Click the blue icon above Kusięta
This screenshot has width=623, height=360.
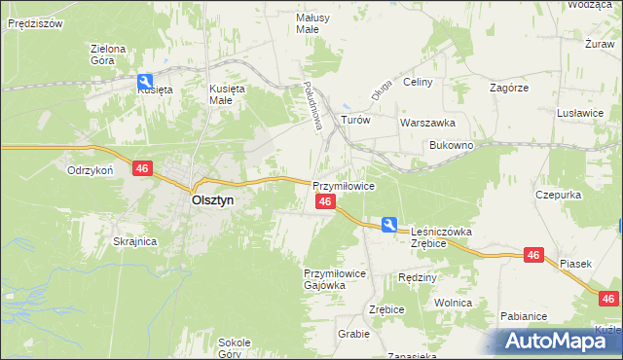(145, 82)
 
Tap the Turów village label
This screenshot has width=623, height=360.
(355, 120)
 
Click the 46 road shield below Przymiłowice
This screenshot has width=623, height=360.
(326, 201)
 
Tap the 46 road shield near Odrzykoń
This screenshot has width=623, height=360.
(142, 168)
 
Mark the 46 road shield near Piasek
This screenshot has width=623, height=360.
(532, 255)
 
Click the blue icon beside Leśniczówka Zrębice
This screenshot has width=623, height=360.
(389, 225)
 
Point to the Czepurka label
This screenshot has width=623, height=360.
(559, 195)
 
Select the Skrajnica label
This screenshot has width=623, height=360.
(135, 241)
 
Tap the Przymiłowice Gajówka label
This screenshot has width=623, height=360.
(335, 280)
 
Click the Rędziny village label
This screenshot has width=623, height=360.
(418, 277)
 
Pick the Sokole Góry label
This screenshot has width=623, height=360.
(235, 348)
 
